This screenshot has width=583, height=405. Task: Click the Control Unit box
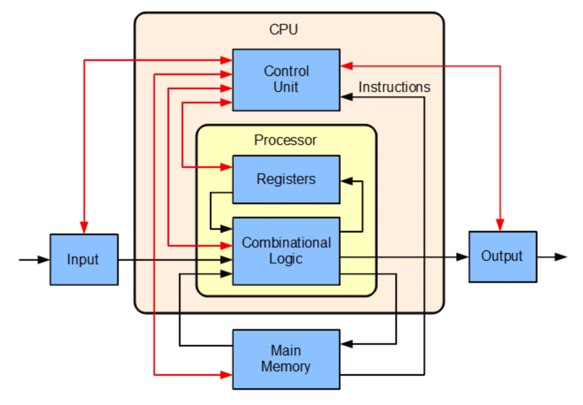[x=286, y=80]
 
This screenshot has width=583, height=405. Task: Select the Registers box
[x=286, y=179]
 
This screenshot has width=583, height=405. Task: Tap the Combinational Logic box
[x=286, y=251]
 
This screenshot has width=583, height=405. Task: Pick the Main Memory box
[x=286, y=359]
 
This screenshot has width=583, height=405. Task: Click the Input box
[x=84, y=260]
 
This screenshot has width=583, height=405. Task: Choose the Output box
[x=503, y=256]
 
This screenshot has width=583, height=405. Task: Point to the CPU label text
[x=284, y=30]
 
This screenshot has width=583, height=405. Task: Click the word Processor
[x=285, y=140]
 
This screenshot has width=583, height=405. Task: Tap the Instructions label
[x=394, y=87]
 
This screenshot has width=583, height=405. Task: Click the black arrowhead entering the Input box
[x=44, y=260]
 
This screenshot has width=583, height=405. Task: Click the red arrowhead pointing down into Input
[x=84, y=227]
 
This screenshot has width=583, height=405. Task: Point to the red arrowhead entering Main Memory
[x=227, y=375]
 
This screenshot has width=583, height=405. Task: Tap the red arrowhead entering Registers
[x=227, y=167]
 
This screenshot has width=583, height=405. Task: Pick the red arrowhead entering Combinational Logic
[x=227, y=245]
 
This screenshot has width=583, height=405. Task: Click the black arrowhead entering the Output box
[x=462, y=256]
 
